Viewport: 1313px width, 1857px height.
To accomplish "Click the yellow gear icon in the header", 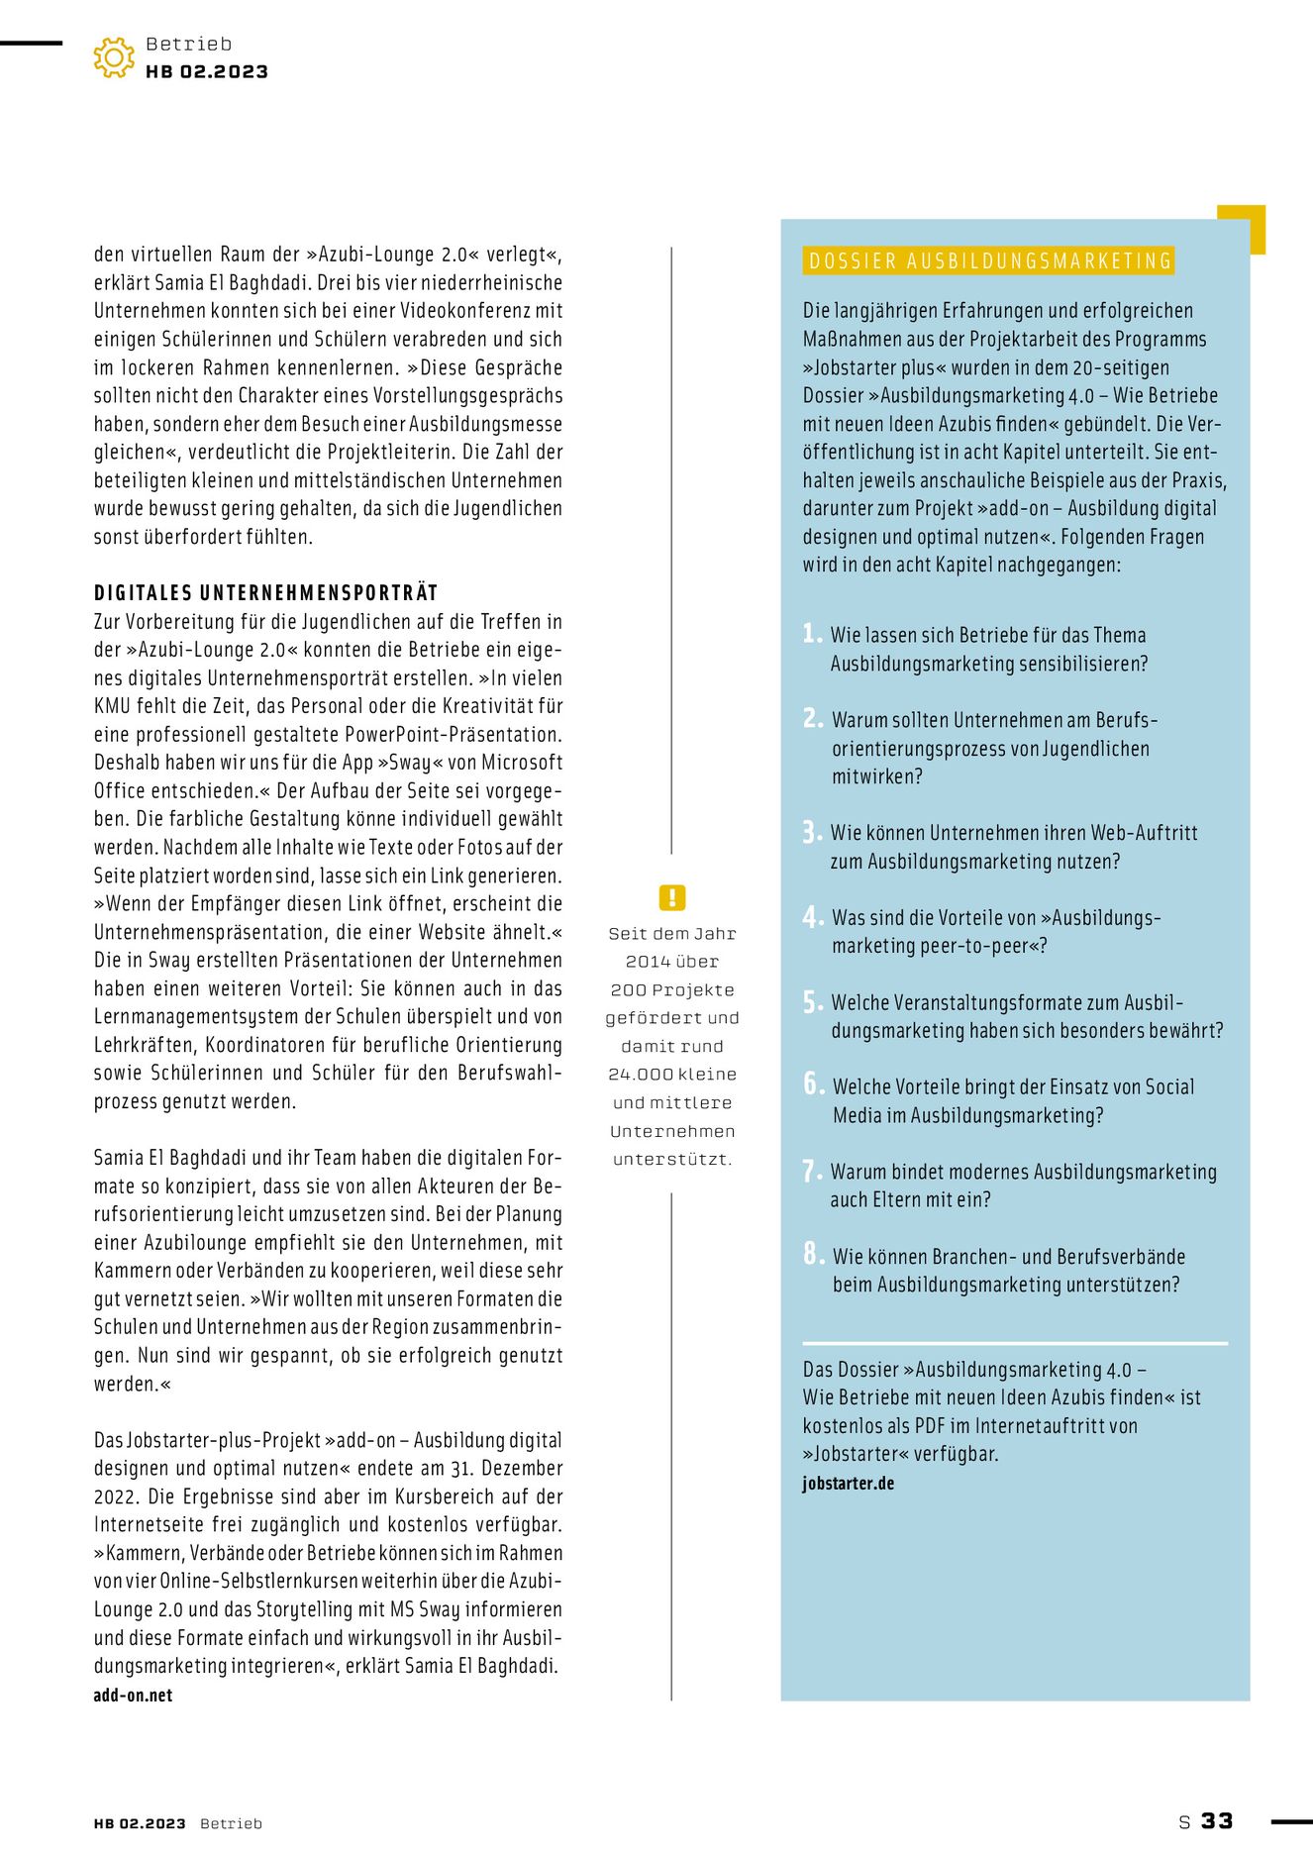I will (114, 57).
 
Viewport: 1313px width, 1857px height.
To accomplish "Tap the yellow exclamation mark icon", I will (671, 898).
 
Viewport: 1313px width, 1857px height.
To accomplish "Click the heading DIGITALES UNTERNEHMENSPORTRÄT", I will (265, 593).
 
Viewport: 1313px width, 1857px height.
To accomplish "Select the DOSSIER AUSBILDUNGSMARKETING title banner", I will (990, 260).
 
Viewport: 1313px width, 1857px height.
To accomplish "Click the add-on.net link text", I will (133, 1695).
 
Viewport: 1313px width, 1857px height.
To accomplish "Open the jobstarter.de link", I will (848, 1483).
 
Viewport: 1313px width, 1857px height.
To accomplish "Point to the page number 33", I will (1217, 1821).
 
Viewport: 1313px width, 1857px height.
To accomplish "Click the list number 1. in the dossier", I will (812, 634).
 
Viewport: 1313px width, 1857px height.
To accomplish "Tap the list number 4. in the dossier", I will (813, 917).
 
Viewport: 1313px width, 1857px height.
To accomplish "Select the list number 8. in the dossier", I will (813, 1255).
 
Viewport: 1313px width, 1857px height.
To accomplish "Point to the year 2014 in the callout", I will (648, 962).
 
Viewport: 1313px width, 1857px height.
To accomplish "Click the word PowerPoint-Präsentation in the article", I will (454, 735).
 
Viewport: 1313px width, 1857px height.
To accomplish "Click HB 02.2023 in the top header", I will (207, 71).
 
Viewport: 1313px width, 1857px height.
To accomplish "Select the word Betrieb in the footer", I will (231, 1823).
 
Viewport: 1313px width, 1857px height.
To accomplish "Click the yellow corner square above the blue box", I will (1243, 228).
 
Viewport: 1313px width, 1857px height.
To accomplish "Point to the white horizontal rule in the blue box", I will (1015, 1343).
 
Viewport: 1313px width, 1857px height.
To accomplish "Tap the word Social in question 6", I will (1169, 1086).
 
